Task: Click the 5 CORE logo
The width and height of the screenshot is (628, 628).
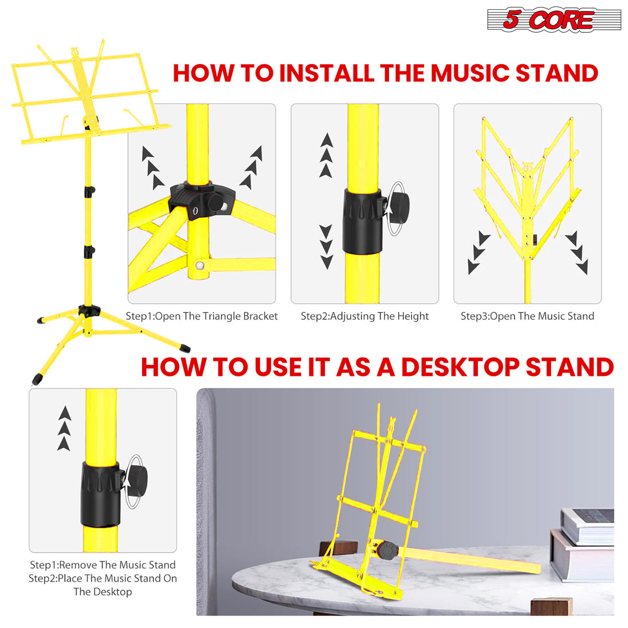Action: [554, 19]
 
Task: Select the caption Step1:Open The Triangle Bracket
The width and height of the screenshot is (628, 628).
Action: [202, 316]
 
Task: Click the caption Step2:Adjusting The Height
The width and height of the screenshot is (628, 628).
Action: [364, 316]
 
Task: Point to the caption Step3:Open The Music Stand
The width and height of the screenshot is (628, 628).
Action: [527, 316]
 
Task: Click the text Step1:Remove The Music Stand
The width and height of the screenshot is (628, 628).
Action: [103, 565]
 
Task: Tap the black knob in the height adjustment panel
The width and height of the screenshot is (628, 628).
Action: [398, 204]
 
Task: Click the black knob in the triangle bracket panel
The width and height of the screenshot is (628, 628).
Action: [217, 203]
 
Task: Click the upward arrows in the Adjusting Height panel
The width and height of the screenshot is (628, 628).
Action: [326, 155]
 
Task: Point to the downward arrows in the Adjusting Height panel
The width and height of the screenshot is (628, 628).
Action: [326, 247]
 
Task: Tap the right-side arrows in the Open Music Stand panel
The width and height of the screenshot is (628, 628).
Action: [577, 253]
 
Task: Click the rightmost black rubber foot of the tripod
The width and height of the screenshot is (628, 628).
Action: [185, 347]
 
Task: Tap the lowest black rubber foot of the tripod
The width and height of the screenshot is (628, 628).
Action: [37, 379]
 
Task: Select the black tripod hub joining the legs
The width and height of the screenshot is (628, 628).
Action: [89, 311]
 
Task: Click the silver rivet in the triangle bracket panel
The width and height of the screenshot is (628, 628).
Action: [199, 265]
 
